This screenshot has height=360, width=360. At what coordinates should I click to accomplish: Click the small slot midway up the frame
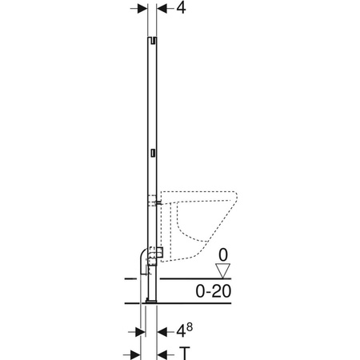pyautogui.click(x=152, y=150)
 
